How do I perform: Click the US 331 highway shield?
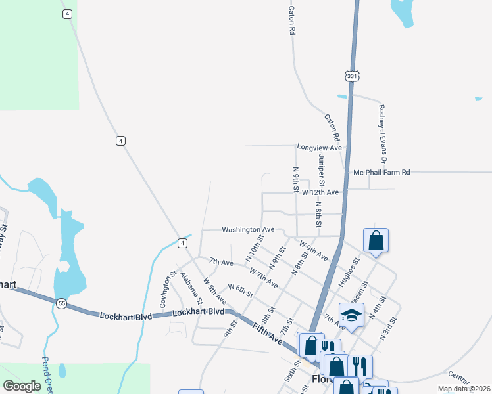[x=353, y=77]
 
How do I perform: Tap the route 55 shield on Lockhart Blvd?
[x=62, y=303]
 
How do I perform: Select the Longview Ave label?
[x=320, y=148]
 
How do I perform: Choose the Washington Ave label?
[x=247, y=230]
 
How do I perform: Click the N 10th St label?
[x=255, y=248]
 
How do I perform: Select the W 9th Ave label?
[x=314, y=251]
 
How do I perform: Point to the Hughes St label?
[x=348, y=269]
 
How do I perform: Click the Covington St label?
[x=164, y=290]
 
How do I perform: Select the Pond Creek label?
[x=48, y=374]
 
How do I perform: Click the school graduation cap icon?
[x=351, y=315]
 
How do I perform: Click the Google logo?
[x=22, y=386]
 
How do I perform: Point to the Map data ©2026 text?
[x=462, y=389]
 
